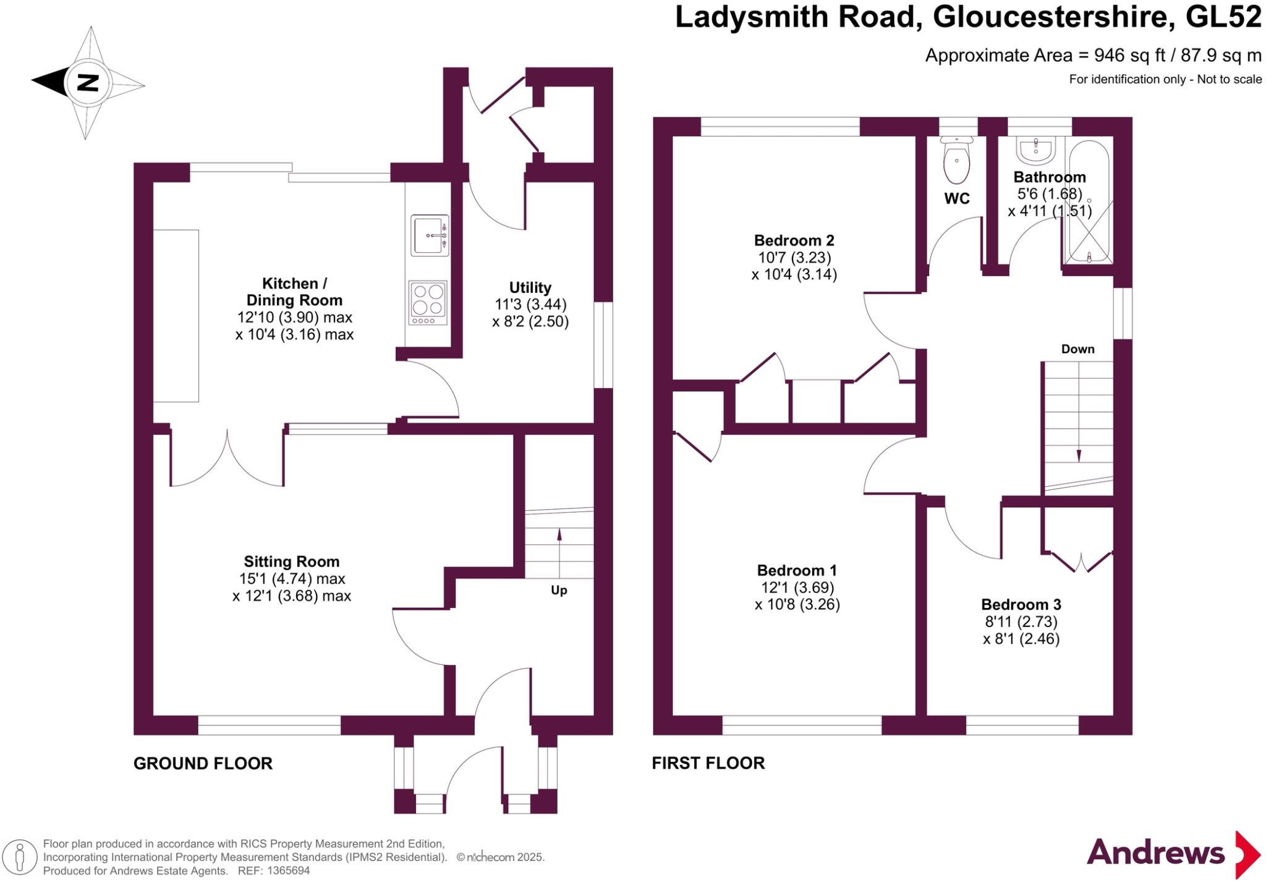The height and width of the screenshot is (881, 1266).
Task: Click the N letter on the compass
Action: (88, 83)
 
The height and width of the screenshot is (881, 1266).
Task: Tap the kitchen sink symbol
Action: (430, 235)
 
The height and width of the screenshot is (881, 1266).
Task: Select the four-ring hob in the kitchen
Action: (428, 302)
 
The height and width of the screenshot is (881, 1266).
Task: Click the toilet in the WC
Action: (956, 160)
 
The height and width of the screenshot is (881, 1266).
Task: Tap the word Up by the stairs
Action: (559, 590)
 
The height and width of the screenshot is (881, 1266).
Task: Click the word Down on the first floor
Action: (1077, 349)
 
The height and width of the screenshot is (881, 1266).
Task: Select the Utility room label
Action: (530, 287)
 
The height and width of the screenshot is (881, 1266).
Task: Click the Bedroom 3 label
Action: (1021, 604)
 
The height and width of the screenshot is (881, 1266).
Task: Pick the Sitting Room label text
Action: (292, 562)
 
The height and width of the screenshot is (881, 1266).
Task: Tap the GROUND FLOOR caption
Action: (203, 764)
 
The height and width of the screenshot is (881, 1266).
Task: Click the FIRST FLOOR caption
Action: (708, 763)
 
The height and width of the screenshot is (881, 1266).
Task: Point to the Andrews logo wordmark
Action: (1155, 853)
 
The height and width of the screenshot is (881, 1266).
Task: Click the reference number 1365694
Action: (288, 870)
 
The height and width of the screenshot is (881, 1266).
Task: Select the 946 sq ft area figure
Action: (1129, 56)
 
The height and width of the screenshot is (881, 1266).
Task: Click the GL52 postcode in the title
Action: (1223, 17)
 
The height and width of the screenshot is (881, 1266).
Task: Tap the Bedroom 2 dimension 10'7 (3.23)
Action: (794, 258)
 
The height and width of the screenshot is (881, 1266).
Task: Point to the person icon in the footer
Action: (20, 857)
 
